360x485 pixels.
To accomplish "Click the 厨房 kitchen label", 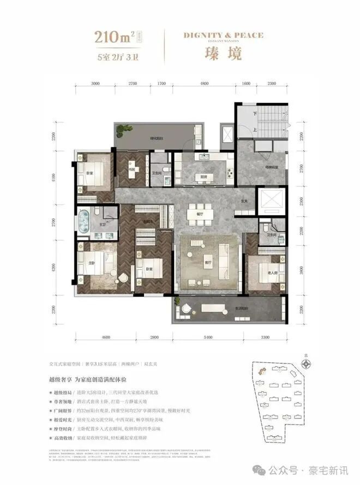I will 203,177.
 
